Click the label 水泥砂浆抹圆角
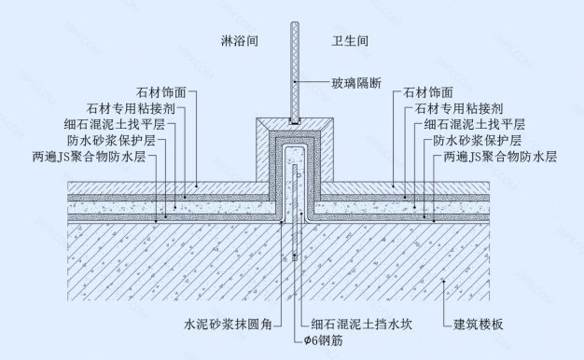click(228, 325)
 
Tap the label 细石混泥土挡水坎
click(366, 325)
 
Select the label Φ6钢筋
click(323, 339)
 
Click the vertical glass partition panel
click(293, 65)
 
